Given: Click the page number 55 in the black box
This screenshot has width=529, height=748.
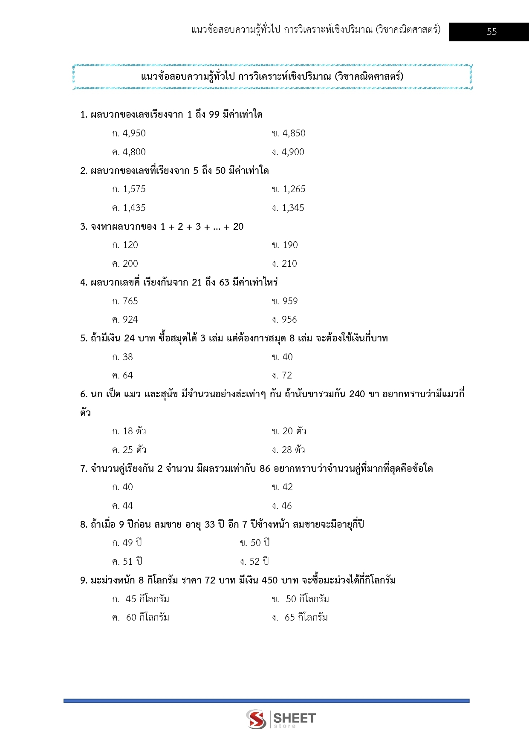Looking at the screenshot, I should tap(491, 32).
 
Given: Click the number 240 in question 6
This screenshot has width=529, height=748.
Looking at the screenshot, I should tap(357, 394).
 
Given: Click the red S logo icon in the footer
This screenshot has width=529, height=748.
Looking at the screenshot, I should tap(256, 719).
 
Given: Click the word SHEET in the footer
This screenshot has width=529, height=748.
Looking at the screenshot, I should tap(295, 718).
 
